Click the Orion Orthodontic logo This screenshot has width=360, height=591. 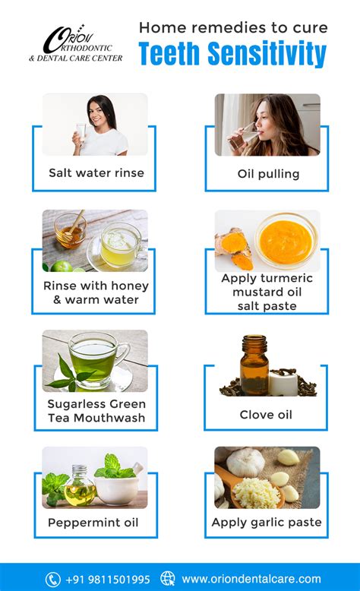pos(76,43)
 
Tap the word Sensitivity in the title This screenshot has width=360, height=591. pos(267,54)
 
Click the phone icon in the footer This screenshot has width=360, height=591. pos(52,579)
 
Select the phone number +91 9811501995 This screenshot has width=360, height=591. pos(108,580)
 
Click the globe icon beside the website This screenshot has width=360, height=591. pos(168,579)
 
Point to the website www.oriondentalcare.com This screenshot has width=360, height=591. pos(251,579)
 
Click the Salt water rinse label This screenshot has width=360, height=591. pos(96,173)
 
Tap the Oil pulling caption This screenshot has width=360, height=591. pos(268,174)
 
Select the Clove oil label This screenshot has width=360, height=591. pos(266,415)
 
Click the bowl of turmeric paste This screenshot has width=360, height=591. pos(286,241)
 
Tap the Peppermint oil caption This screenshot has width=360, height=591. pos(93,523)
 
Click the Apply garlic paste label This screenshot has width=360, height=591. pos(267,523)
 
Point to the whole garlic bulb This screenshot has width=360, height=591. pos(245,463)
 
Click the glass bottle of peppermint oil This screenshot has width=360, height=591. pos(80,486)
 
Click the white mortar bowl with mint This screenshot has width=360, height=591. pos(116,488)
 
